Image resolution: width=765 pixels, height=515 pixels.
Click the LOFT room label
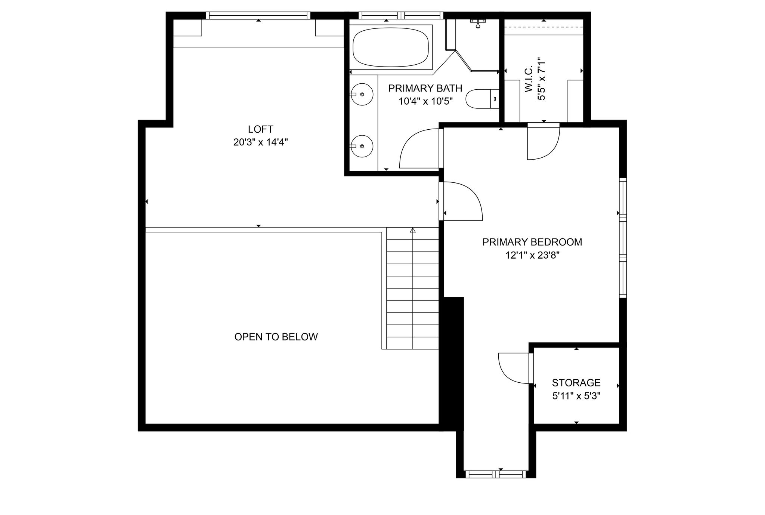pyautogui.click(x=260, y=129)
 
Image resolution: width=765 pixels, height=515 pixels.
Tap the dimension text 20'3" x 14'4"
pyautogui.click(x=260, y=142)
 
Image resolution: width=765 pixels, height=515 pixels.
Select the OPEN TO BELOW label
pyautogui.click(x=276, y=337)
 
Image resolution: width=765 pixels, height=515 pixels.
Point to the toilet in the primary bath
pyautogui.click(x=482, y=99)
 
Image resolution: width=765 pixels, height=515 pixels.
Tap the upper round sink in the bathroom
pyautogui.click(x=362, y=95)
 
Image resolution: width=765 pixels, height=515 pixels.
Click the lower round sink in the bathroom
pyautogui.click(x=362, y=146)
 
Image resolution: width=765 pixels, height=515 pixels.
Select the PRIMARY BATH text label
pyautogui.click(x=425, y=88)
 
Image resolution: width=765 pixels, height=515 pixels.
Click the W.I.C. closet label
pyautogui.click(x=529, y=80)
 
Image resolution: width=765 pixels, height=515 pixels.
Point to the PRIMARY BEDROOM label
pyautogui.click(x=532, y=242)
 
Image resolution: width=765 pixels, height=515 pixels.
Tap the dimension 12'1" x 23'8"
pyautogui.click(x=532, y=255)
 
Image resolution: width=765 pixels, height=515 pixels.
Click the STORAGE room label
pyautogui.click(x=576, y=383)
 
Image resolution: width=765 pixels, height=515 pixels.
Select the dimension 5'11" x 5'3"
pyautogui.click(x=576, y=396)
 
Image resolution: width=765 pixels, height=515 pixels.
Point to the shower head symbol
pyautogui.click(x=477, y=23)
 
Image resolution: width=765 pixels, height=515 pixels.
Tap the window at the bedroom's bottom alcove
pyautogui.click(x=496, y=474)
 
